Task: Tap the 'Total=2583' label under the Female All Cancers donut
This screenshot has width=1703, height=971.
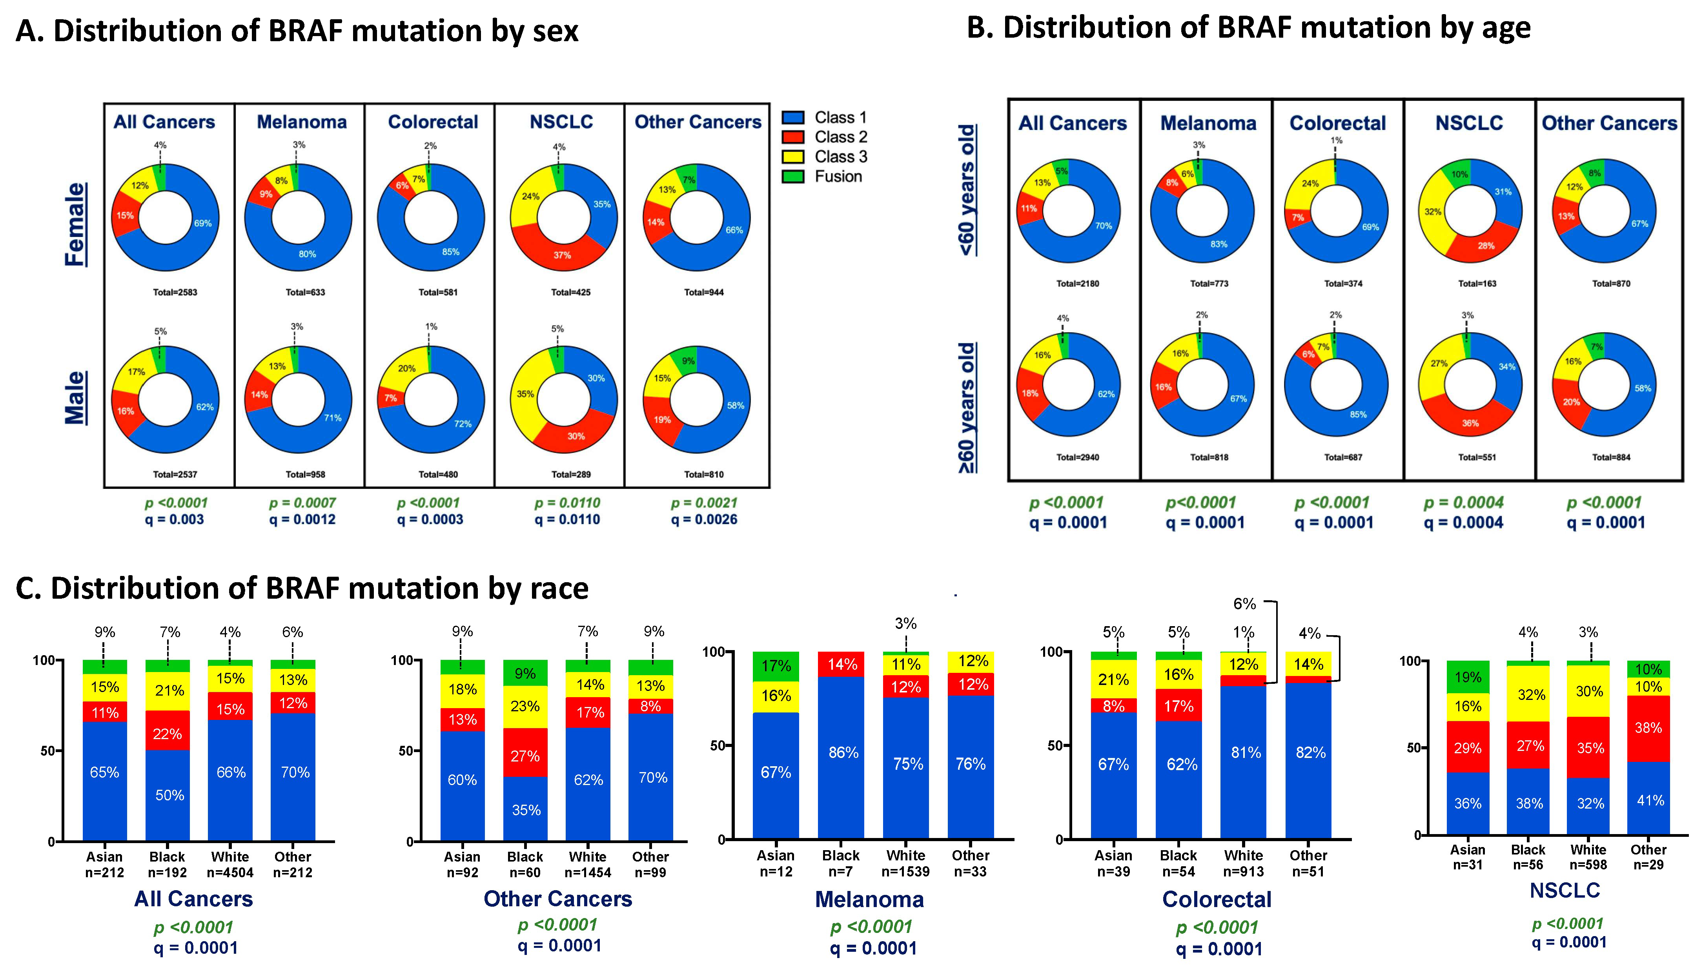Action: click(175, 292)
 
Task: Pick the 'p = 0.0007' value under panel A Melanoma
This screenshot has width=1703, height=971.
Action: click(302, 503)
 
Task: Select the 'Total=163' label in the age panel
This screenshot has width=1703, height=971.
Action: click(1477, 283)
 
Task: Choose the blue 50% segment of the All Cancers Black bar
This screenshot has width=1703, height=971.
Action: click(168, 795)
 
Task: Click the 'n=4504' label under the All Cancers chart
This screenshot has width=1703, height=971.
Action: click(230, 872)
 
